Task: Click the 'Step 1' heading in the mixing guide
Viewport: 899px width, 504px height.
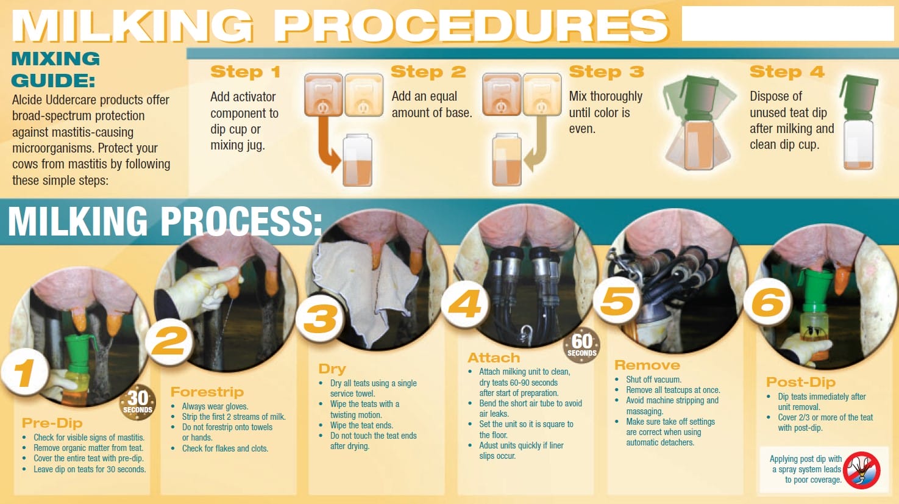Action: point(245,72)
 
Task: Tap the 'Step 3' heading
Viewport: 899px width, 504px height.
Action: point(606,71)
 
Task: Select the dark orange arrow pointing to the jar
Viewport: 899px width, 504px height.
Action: point(327,145)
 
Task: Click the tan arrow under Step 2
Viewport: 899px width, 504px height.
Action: point(536,144)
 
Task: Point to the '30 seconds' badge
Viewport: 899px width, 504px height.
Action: point(138,402)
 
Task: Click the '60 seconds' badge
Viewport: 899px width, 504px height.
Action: point(581,345)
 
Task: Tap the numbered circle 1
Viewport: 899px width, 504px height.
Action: point(25,372)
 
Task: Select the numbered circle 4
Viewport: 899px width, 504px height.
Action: point(465,304)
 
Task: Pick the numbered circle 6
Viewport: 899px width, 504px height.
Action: point(767,302)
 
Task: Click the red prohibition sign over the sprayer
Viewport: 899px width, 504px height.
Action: point(862,470)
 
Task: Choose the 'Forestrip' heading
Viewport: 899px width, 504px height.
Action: point(207,392)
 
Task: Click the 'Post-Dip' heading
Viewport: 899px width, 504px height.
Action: point(801,382)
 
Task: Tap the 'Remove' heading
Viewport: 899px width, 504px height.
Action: point(647,365)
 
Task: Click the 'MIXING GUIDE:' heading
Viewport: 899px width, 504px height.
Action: point(55,70)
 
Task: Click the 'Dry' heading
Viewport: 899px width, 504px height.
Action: point(332,369)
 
